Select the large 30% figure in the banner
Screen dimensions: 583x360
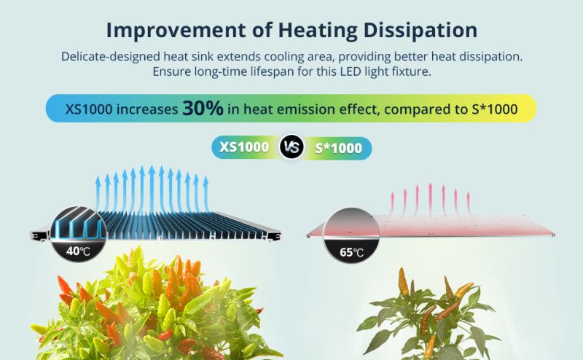click(203, 109)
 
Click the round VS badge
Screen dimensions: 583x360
click(291, 147)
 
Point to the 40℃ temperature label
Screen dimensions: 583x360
click(79, 251)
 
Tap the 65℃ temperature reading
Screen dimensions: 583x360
click(351, 253)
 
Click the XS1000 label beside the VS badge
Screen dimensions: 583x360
click(244, 147)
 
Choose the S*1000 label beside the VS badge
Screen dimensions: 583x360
click(338, 148)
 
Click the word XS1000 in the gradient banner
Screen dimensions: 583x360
click(89, 109)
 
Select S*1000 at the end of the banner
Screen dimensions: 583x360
click(495, 109)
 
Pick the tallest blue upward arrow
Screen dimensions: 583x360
click(152, 190)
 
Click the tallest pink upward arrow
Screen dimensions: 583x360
click(430, 199)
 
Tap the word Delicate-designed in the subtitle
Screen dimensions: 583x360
click(111, 57)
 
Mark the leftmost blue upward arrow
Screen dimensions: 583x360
click(98, 193)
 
